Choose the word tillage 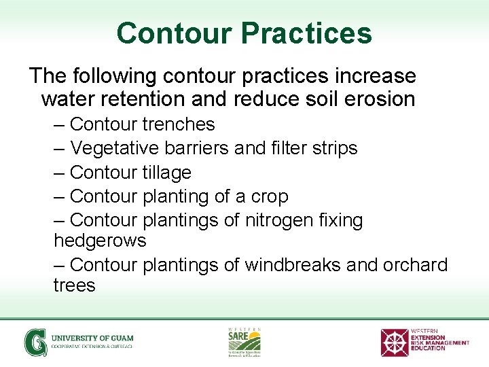[168, 173]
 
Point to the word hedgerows [100, 241]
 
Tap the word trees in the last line [74, 285]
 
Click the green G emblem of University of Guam [35, 342]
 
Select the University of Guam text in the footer [92, 338]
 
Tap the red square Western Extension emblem [394, 343]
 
